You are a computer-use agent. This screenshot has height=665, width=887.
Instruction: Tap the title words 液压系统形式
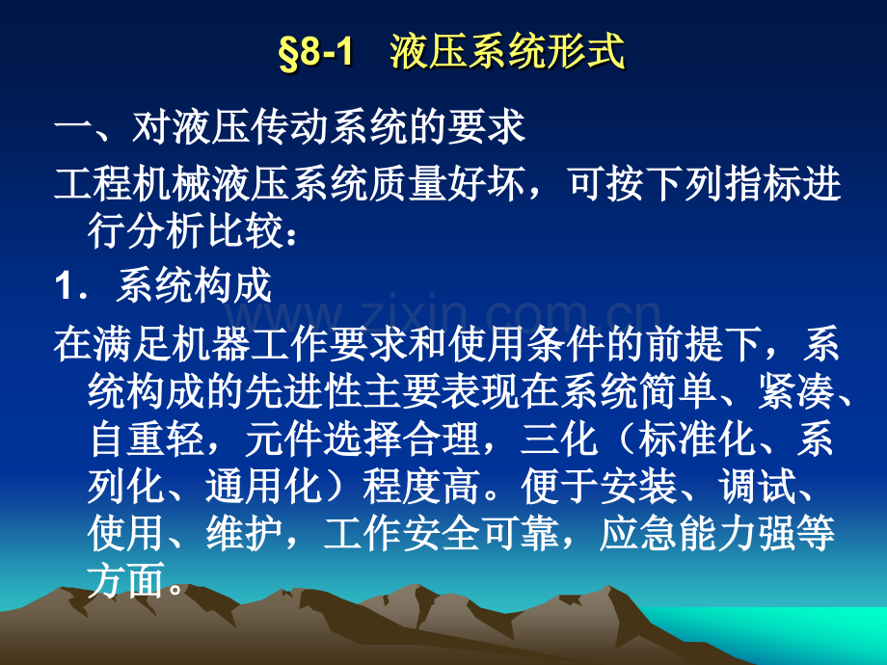click(x=507, y=53)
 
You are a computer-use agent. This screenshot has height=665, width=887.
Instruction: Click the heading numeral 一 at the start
click(x=72, y=128)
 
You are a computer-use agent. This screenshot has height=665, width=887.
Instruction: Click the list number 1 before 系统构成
click(x=66, y=286)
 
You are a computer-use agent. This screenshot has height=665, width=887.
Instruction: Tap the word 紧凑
click(x=781, y=392)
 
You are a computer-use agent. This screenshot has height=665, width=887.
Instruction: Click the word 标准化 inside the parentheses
click(x=683, y=440)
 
